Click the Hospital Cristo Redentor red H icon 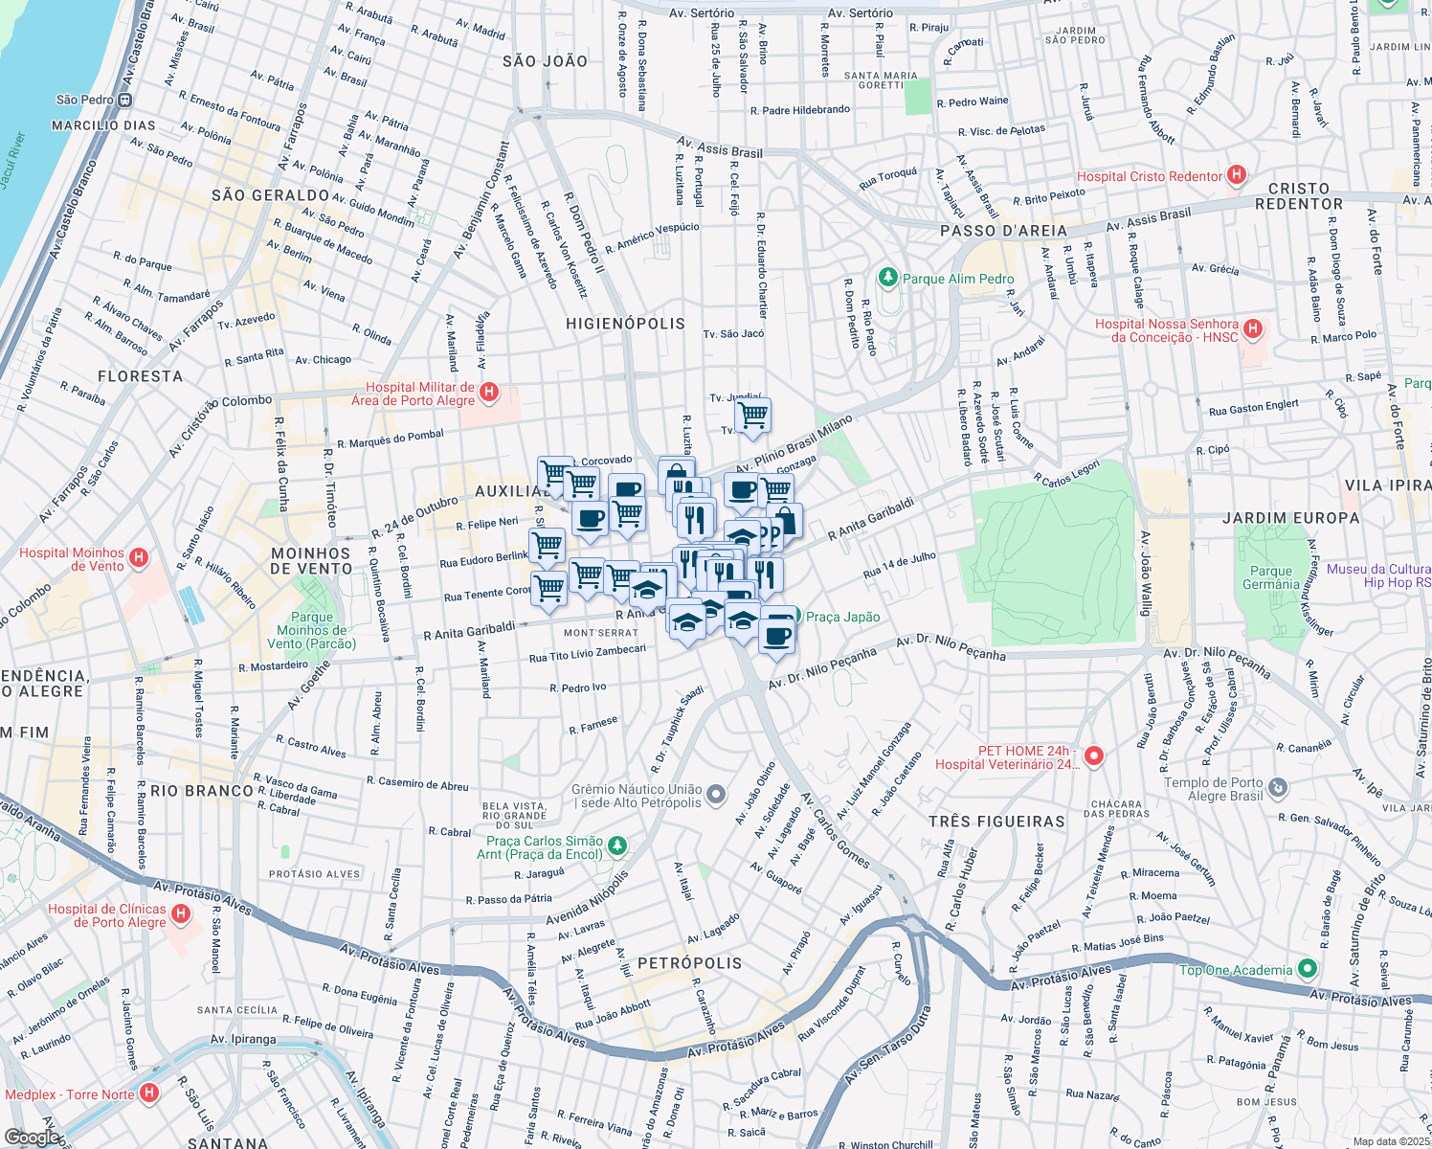coord(1237,175)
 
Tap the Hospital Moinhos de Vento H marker coord(139,558)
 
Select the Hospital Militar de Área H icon coord(489,393)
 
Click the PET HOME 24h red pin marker coord(1094,756)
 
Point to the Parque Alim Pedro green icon coord(888,279)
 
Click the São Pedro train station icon coord(125,100)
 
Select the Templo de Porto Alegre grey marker coord(1278,788)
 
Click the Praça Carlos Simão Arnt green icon coord(617,846)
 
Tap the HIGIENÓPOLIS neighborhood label coord(625,324)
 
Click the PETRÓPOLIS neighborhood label coord(689,963)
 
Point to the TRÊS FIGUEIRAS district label coord(996,822)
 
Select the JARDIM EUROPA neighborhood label coord(1290,518)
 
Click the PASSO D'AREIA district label coord(1003,231)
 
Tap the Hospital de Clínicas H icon coord(179,915)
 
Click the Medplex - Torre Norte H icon coord(148,1093)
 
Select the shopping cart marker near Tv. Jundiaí coord(753,416)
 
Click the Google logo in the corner coord(32,1137)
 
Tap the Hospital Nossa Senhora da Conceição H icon coord(1253,330)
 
